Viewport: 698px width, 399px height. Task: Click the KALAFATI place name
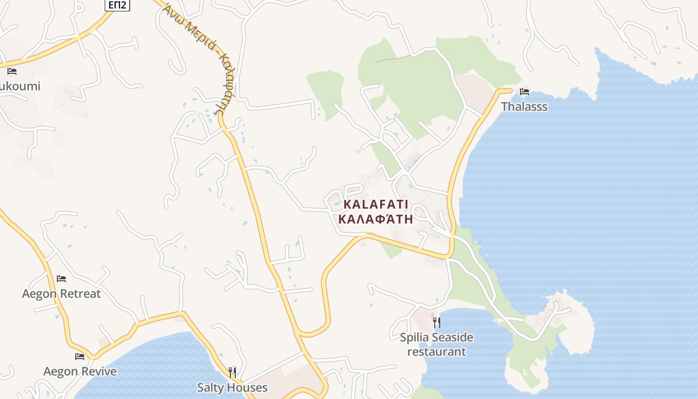[376, 204]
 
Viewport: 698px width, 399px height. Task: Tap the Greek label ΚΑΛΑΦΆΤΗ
[375, 219]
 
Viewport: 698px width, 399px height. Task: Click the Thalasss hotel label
[524, 107]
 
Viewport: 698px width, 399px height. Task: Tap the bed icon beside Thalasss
[524, 92]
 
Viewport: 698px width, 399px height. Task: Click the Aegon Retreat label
[61, 294]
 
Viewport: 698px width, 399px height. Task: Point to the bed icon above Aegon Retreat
[61, 278]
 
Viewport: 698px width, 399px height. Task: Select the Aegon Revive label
[80, 372]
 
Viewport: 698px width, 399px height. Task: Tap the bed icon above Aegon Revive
[80, 357]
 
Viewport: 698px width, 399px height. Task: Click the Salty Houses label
[232, 388]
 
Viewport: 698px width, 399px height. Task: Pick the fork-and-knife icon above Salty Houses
[232, 372]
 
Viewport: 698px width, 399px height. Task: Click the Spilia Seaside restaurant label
[437, 344]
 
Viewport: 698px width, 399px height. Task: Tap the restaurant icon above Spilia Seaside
[437, 322]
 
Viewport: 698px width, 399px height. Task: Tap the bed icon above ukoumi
[12, 71]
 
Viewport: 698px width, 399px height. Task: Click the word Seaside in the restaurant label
[452, 338]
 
